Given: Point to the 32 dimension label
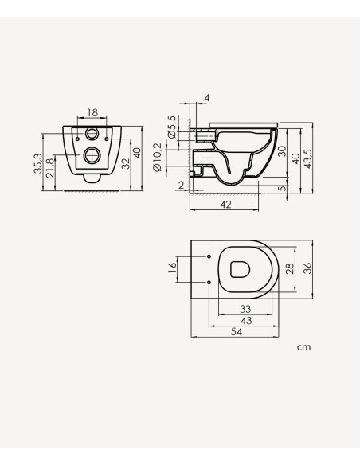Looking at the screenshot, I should pos(124,162).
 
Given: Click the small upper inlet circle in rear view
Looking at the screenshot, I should pos(94,134).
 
